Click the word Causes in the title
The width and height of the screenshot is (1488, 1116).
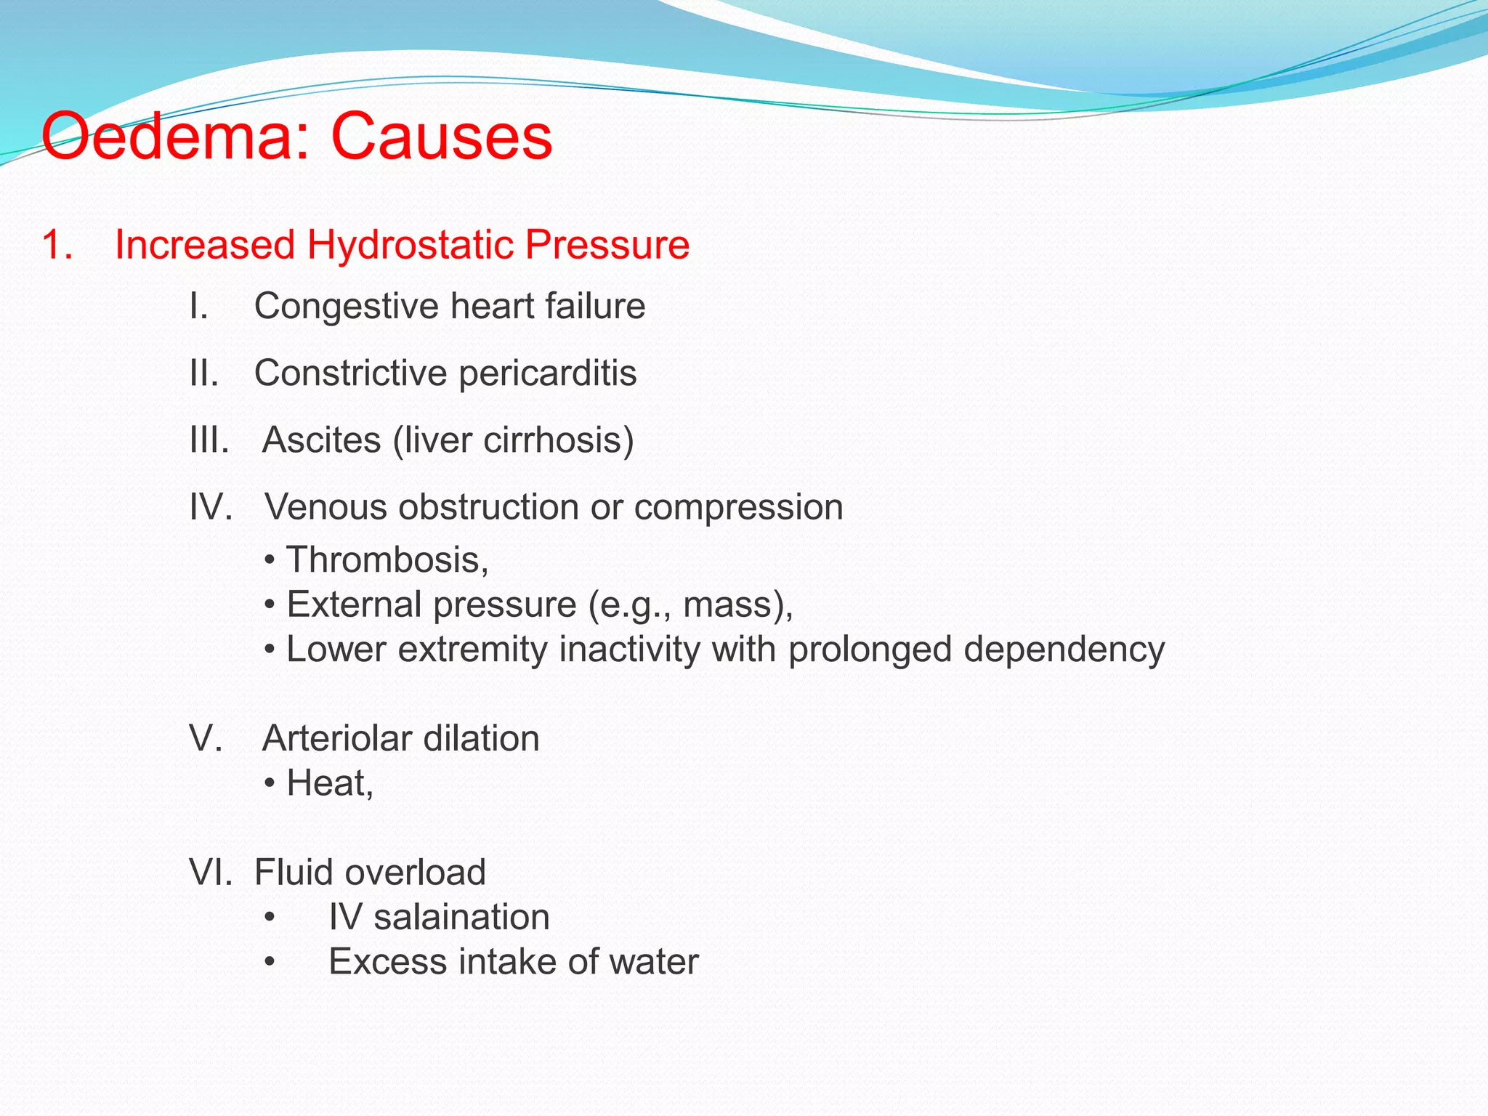pyautogui.click(x=442, y=137)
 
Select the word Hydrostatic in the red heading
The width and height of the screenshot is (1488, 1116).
pyautogui.click(x=411, y=245)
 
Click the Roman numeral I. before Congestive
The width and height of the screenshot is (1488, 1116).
pyautogui.click(x=198, y=306)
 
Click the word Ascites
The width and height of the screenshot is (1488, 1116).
pyautogui.click(x=321, y=440)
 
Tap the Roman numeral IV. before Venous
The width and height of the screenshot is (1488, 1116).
pyautogui.click(x=211, y=507)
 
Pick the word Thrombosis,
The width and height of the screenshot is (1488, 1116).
pyautogui.click(x=387, y=560)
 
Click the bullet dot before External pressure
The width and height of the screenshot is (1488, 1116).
pyautogui.click(x=270, y=605)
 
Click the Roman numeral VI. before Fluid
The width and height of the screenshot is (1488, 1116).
pyautogui.click(x=210, y=873)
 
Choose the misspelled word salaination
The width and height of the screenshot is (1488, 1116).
pyautogui.click(x=461, y=917)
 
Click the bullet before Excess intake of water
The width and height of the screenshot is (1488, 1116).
pyautogui.click(x=270, y=962)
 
